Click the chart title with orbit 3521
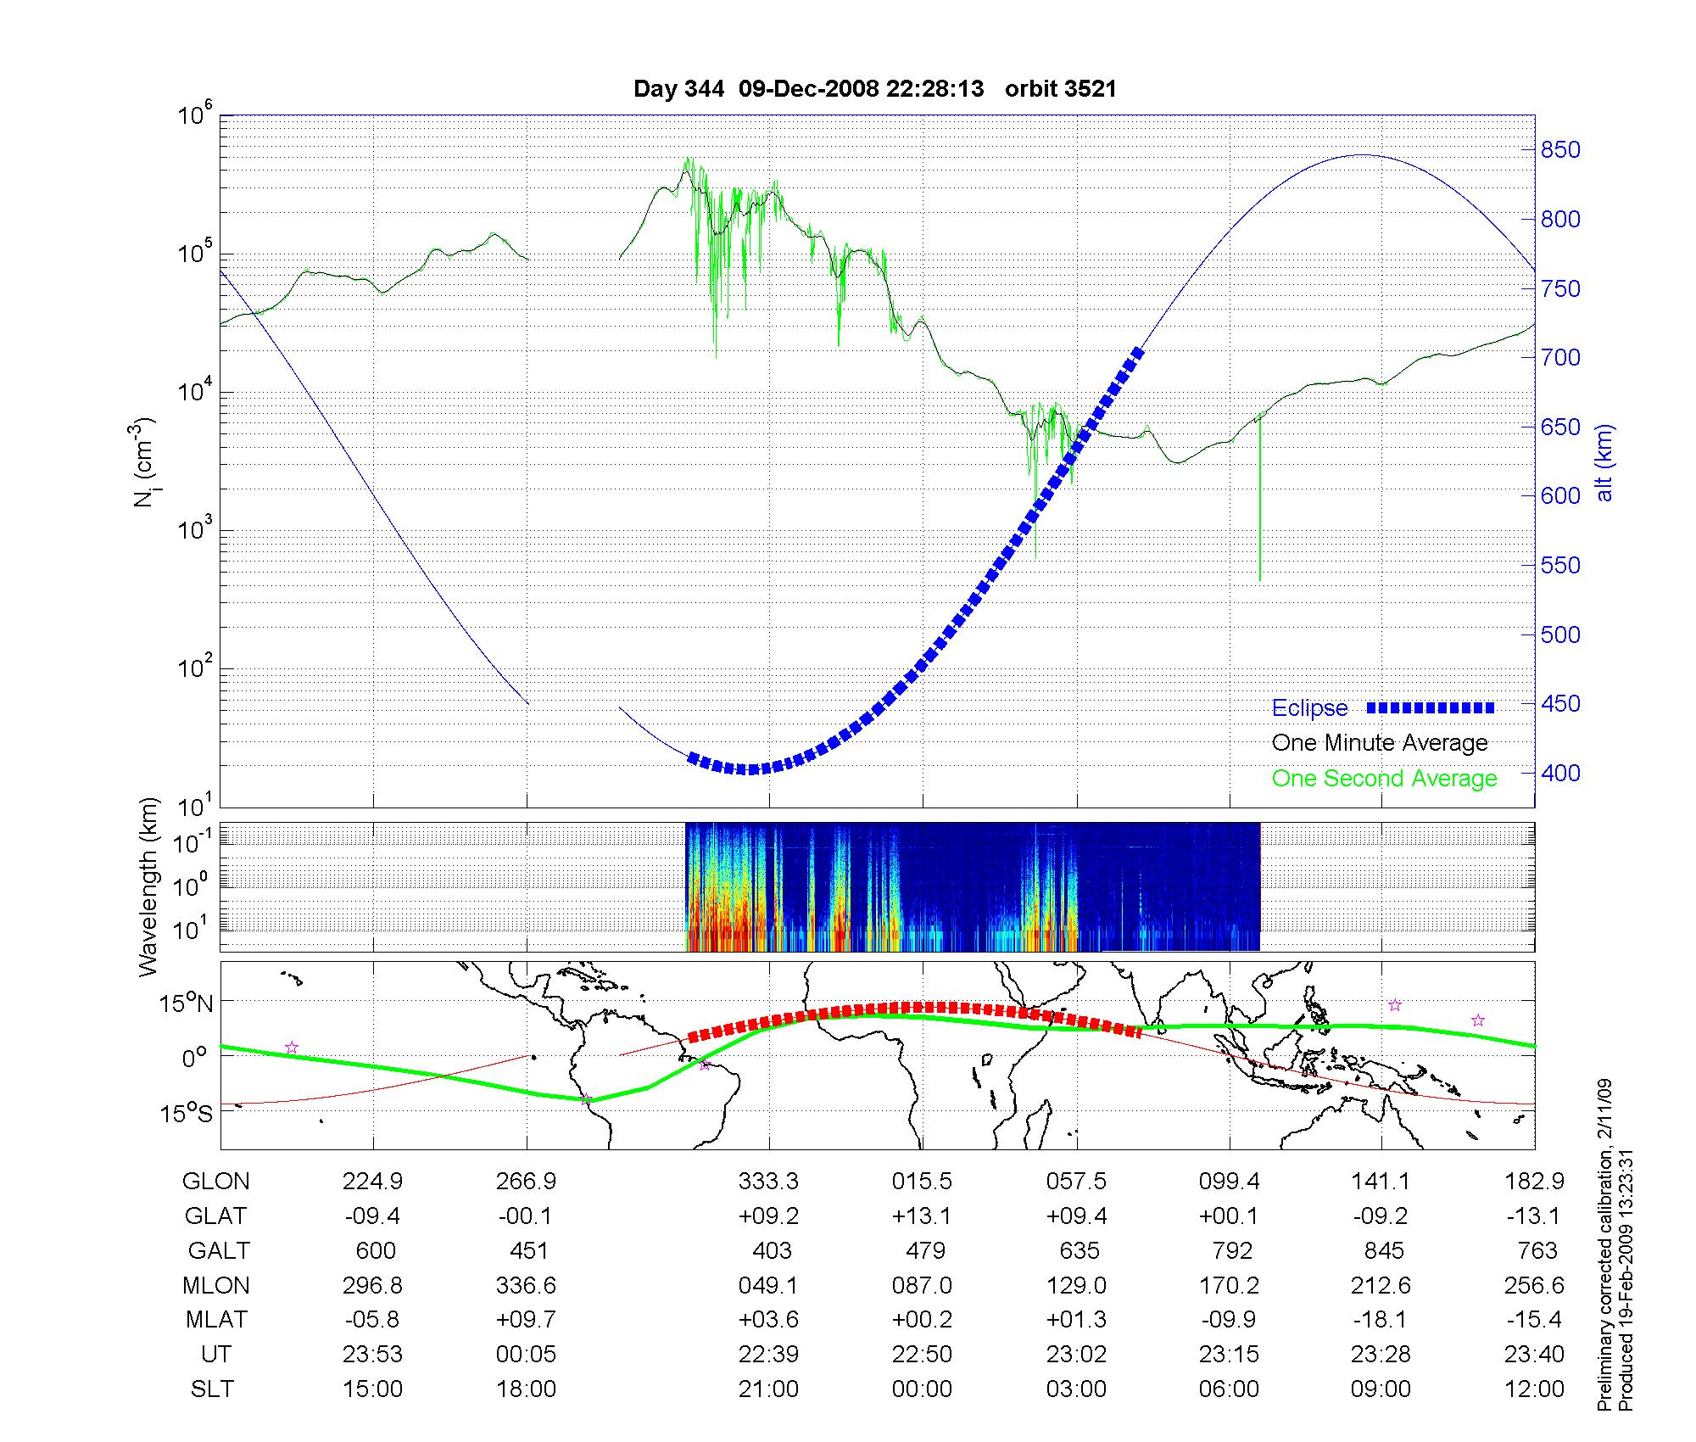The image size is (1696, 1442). [874, 89]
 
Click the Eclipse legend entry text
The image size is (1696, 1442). [1309, 708]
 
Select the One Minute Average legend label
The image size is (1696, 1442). [1380, 743]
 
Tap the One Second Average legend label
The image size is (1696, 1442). [1384, 779]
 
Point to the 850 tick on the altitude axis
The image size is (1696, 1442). [1560, 150]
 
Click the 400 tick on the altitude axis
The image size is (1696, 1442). [1560, 773]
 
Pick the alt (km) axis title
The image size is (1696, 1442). [1604, 462]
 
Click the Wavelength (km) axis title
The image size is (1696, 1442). [149, 886]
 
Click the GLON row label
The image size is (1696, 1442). [215, 1182]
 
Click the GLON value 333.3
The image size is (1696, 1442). [768, 1182]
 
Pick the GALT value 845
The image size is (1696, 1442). [1381, 1251]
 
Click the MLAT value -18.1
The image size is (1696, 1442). [1381, 1320]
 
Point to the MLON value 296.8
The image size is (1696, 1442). [373, 1286]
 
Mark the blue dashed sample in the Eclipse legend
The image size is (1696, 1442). [1430, 707]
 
